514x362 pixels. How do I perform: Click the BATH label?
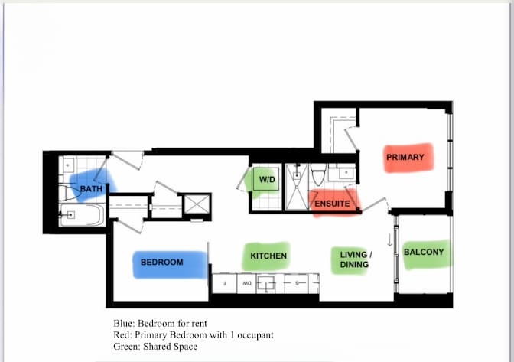coord(91,189)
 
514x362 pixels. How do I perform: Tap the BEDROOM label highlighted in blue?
coord(162,263)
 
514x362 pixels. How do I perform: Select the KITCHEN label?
coord(268,256)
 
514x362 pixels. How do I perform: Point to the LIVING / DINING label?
coord(356,259)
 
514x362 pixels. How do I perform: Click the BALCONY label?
coord(423,252)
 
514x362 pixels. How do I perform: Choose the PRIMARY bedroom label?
coord(405,158)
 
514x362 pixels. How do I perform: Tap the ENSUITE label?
coord(333,204)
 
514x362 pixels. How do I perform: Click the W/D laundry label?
coord(267,180)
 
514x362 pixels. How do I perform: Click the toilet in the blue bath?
coord(66,191)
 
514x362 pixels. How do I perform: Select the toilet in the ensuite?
coord(319,174)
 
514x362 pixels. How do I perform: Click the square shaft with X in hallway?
coord(197,205)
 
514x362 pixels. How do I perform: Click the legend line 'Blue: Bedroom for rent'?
coord(159,323)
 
